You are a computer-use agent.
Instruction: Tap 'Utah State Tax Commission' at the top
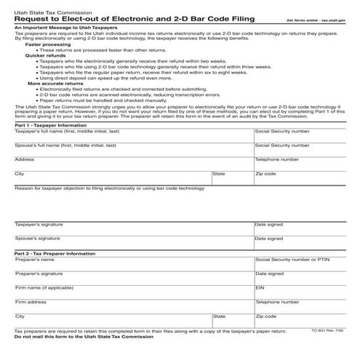pos(41,9)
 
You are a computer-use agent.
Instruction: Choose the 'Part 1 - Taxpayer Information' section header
pos(54,125)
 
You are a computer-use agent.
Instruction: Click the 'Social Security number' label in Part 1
pos(283,132)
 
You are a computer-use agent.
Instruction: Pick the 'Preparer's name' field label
pos(35,259)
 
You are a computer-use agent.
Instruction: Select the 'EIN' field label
pos(260,287)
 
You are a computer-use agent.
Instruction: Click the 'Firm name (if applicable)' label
pos(44,287)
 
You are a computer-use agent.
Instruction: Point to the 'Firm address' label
pos(31,301)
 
